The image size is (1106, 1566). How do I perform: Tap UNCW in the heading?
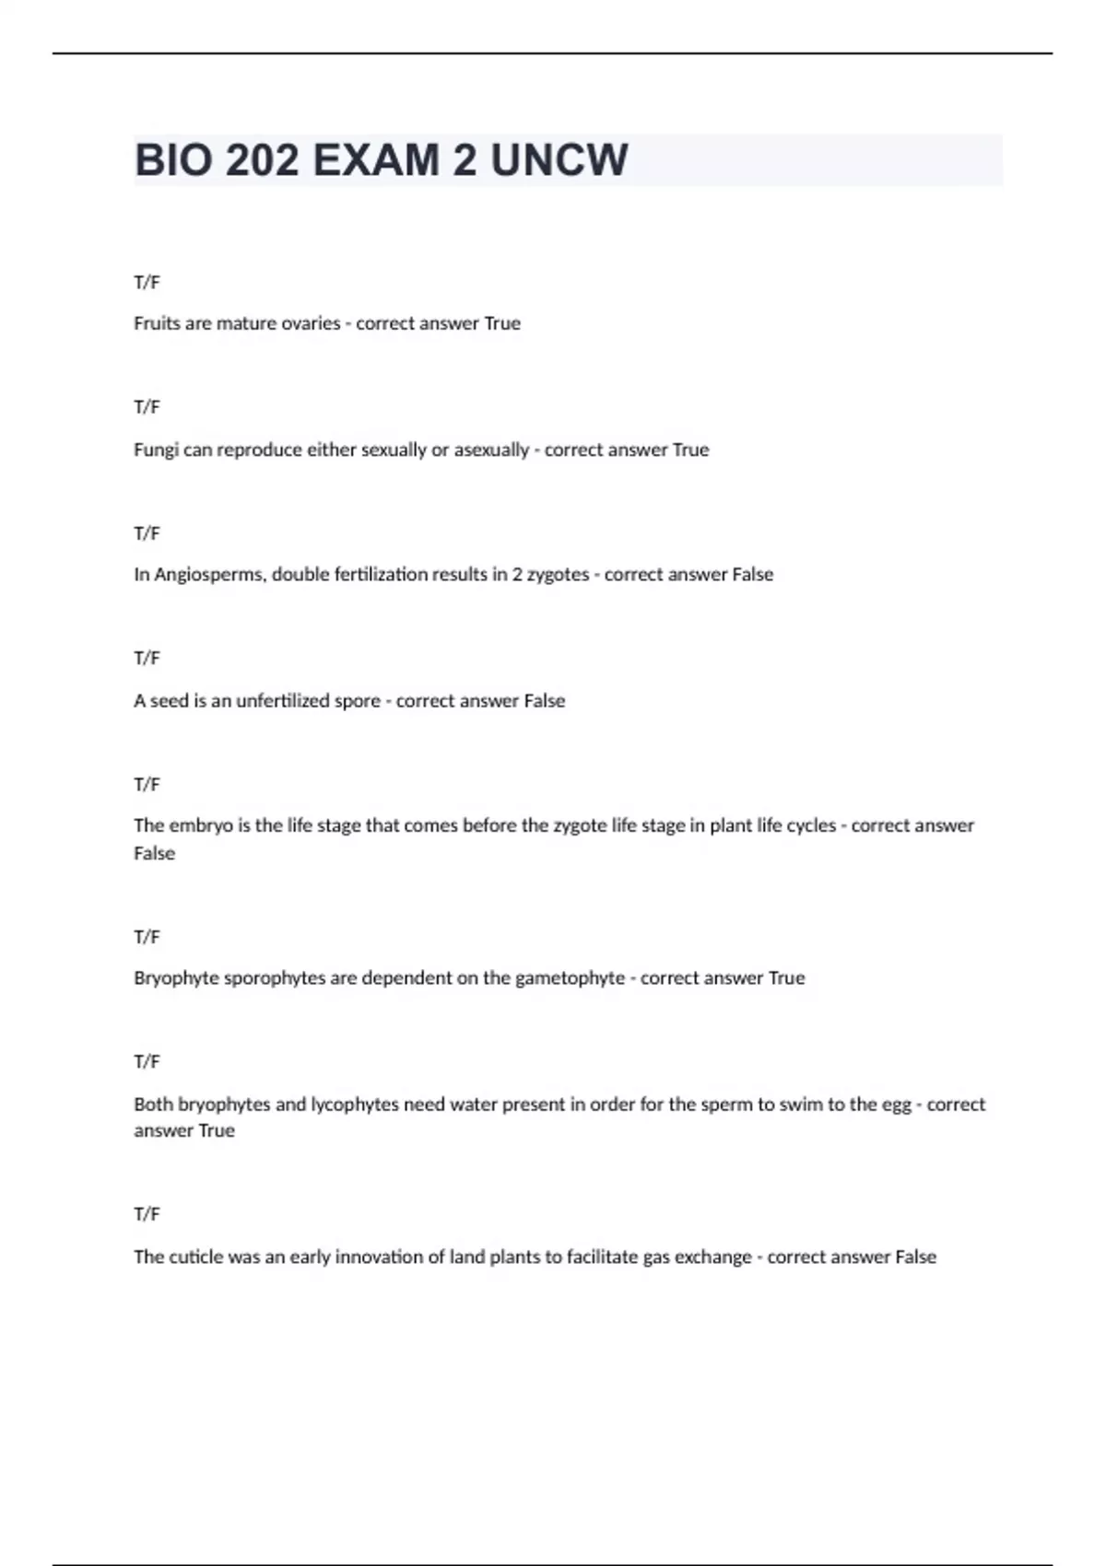559,160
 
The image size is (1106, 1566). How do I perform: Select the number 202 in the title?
262,160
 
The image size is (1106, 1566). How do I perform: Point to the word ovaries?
309,323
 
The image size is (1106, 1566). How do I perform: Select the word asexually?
491,450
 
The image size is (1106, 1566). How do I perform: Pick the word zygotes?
557,575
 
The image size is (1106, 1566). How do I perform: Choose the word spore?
358,701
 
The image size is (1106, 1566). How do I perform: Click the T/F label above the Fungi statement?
147,407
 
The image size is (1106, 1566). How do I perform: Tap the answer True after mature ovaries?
502,323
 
